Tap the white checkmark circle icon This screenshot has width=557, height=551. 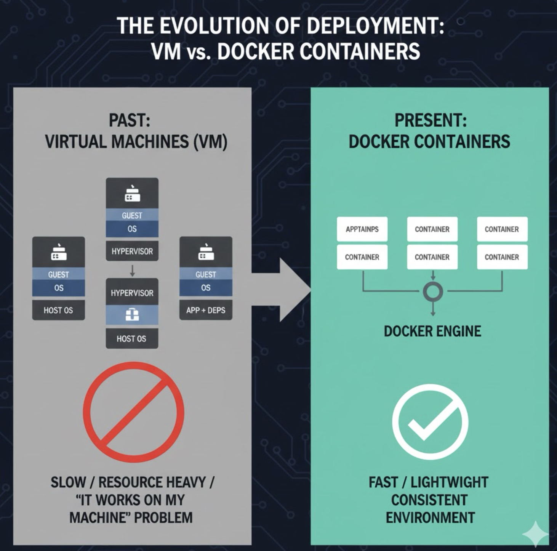coord(430,422)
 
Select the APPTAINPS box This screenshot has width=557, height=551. coord(362,229)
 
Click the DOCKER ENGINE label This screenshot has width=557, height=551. coord(432,331)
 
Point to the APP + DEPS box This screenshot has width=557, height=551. coord(206,310)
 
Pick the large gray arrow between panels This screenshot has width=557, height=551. coord(290,290)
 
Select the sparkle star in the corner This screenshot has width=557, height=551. coord(535,534)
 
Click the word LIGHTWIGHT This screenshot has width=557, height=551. coord(450,482)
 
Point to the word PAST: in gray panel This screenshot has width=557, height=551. coord(130,120)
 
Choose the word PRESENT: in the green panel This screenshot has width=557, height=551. coord(431,120)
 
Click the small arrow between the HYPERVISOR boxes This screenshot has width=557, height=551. coord(132,271)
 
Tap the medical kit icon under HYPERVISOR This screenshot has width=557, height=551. coord(132,315)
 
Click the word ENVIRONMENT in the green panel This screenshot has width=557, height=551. coord(430,517)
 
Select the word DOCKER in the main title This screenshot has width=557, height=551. coord(255,51)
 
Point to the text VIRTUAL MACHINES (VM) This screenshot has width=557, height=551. coord(136,142)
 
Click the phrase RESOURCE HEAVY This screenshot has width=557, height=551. coord(152,482)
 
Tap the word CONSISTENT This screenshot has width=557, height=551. coord(429,500)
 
